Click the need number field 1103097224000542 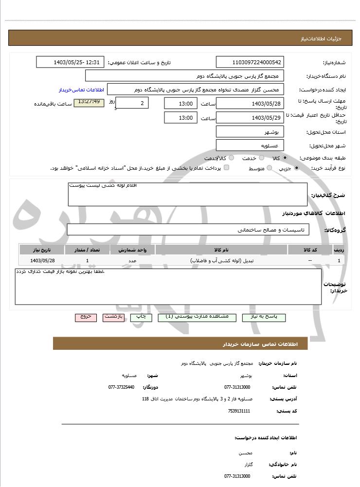tap(250, 62)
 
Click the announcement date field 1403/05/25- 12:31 tap(70, 62)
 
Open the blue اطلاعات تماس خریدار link tap(85, 90)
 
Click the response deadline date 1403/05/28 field tap(250, 104)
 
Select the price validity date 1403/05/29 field tap(250, 118)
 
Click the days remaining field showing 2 tap(132, 103)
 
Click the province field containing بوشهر tap(250, 132)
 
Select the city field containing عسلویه tap(250, 145)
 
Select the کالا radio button tap(285, 158)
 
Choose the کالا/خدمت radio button tap(231, 158)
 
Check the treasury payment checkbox tap(226, 168)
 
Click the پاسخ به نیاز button tap(264, 317)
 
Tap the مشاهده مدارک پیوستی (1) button tap(197, 317)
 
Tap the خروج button tap(86, 317)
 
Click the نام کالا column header tap(221, 250)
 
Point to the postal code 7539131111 tap(239, 411)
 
